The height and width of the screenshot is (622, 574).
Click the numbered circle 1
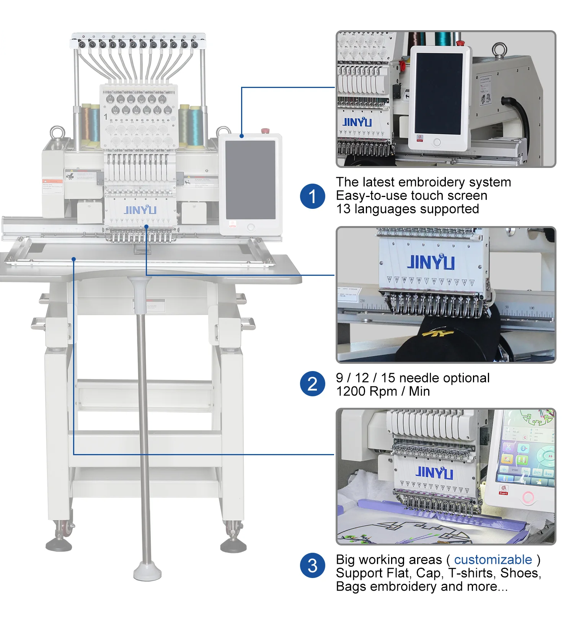(x=312, y=196)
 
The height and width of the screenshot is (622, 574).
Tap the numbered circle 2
(x=312, y=384)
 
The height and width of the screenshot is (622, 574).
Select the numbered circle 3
(x=312, y=565)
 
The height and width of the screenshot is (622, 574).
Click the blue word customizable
(x=493, y=560)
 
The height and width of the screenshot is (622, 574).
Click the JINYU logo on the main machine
(x=140, y=210)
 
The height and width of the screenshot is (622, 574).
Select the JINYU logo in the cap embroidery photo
(x=431, y=262)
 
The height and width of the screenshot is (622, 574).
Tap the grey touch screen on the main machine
(x=250, y=179)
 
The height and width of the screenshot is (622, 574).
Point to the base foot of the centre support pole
(x=147, y=572)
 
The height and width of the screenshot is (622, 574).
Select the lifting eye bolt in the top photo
(x=499, y=50)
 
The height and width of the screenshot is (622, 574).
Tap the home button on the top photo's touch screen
(x=437, y=143)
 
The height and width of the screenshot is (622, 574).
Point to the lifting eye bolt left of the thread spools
(x=57, y=134)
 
